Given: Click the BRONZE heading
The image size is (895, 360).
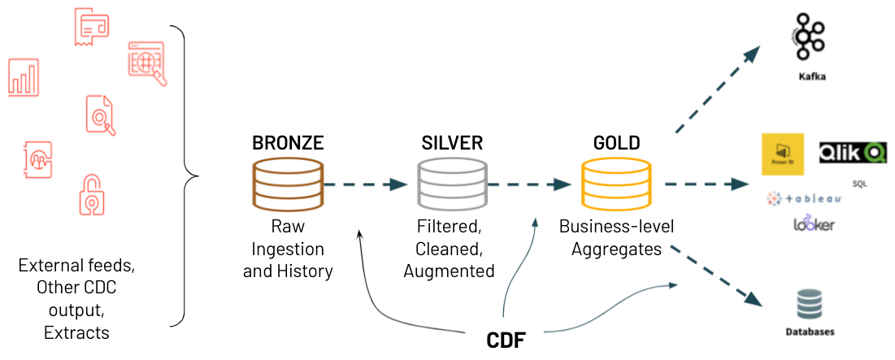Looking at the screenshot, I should tap(288, 143).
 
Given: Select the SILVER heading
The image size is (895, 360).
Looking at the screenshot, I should tap(452, 143).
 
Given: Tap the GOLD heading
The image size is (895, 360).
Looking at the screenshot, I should tap(616, 143).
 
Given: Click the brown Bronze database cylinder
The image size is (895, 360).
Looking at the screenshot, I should tap(288, 185).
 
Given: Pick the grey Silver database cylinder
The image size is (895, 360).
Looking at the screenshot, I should tap(452, 185).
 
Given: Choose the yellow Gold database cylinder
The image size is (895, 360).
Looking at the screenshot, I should tap(616, 185).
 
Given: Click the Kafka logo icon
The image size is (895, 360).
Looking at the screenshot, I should tap(806, 37).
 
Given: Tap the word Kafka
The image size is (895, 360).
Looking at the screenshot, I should tap(812, 78).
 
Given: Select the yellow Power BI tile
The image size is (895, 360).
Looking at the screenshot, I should tap(782, 154).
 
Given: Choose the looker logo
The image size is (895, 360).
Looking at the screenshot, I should tap(814, 224).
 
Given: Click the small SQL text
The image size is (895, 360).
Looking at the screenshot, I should tap(859, 184).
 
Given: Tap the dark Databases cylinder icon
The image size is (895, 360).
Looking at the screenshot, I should tap(810, 307).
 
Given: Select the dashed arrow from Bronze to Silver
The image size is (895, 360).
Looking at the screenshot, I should tap(371, 185).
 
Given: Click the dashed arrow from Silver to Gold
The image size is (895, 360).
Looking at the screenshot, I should tap(533, 185).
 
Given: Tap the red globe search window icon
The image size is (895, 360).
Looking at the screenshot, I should tap(147, 62).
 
